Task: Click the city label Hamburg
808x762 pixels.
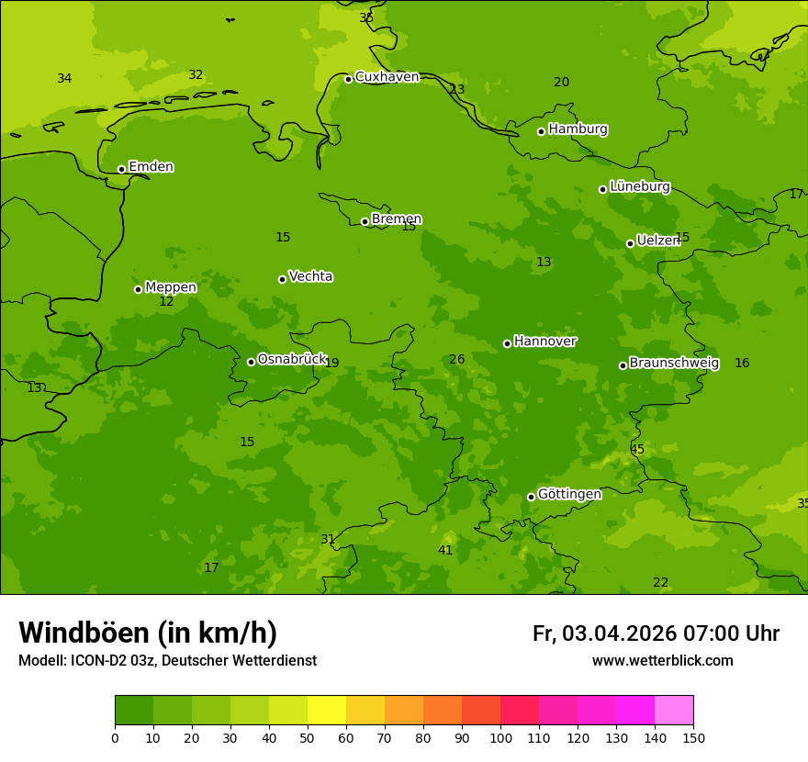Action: click(578, 129)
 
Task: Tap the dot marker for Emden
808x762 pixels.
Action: click(121, 169)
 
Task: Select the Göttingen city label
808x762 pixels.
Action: click(569, 495)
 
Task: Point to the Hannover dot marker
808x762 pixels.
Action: click(507, 343)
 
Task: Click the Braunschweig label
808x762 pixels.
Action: click(674, 364)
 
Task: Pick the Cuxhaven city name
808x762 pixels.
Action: click(387, 77)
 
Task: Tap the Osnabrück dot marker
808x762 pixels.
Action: click(251, 362)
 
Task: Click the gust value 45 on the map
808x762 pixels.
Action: click(637, 450)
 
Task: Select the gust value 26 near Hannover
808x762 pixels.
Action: click(456, 360)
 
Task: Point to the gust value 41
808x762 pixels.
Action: click(445, 551)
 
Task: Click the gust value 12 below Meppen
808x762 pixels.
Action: click(166, 302)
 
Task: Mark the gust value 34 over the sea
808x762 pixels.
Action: click(64, 79)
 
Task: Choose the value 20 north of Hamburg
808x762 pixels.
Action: click(561, 83)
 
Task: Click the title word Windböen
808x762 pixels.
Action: click(84, 633)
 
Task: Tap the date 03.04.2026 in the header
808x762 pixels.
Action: click(619, 634)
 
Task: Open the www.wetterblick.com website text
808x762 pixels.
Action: click(662, 661)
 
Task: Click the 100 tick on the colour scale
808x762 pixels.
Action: click(500, 737)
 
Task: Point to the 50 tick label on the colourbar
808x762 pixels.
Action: click(308, 737)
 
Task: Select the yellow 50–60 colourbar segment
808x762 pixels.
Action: click(327, 711)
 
